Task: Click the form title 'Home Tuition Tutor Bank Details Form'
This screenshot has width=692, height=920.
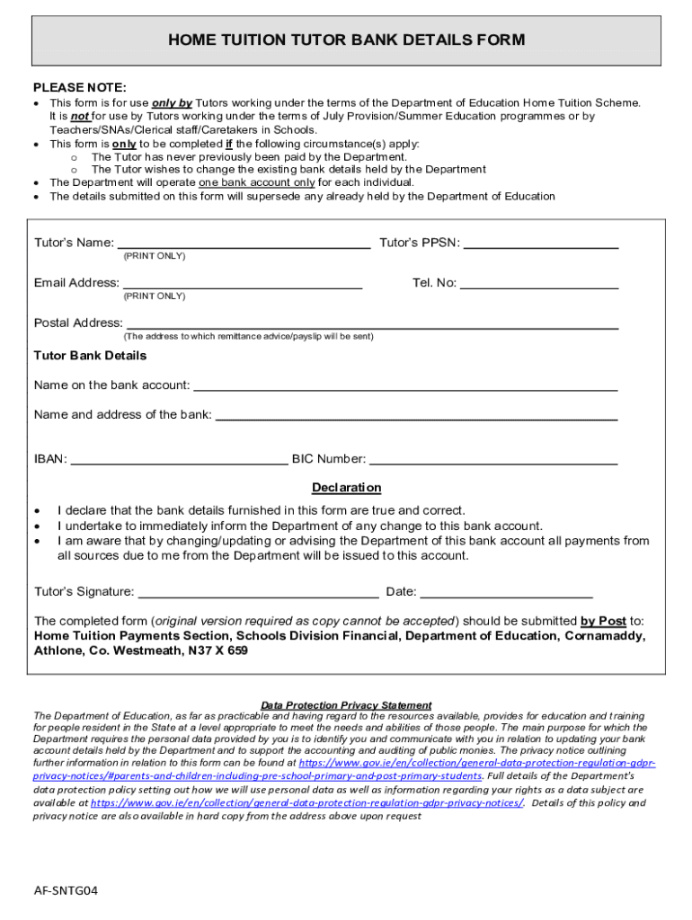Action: tap(346, 40)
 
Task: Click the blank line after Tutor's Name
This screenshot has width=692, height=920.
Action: tap(244, 244)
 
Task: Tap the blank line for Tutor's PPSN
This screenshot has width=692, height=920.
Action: tap(540, 244)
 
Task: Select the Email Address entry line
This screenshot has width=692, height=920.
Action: tap(242, 285)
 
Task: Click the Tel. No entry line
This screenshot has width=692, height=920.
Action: tap(539, 285)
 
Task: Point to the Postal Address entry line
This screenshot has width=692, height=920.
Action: tap(372, 325)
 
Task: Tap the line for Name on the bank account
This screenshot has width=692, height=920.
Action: tap(405, 387)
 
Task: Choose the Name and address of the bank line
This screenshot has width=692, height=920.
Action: tap(417, 417)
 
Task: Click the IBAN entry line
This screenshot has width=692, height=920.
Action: tap(179, 461)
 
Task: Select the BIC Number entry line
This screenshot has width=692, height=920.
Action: tap(493, 461)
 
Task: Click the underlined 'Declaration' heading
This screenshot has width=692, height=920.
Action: tap(346, 488)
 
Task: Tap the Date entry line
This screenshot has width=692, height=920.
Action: tap(506, 594)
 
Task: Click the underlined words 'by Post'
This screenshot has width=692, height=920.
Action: tap(603, 621)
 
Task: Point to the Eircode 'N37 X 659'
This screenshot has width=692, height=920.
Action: tap(217, 650)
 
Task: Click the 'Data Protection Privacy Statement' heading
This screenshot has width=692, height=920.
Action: tap(346, 705)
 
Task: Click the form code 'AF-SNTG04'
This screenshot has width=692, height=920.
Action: tap(66, 891)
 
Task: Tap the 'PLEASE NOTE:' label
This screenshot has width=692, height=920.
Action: tap(80, 88)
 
